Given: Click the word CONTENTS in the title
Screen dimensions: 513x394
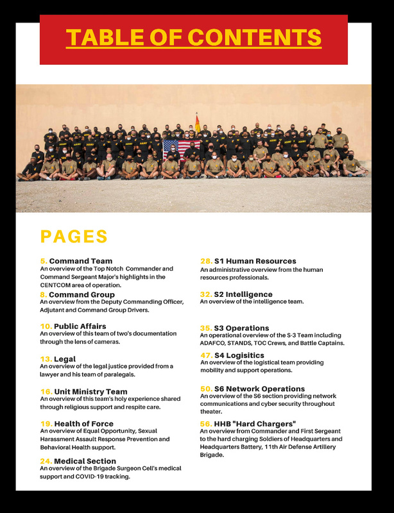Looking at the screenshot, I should tap(260, 37).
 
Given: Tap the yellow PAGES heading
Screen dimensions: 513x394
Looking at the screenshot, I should tap(74, 236).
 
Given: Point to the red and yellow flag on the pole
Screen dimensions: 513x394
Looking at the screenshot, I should tap(198, 121).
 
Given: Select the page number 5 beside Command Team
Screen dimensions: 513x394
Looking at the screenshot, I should tap(44, 261).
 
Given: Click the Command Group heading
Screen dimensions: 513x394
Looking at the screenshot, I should tap(82, 294).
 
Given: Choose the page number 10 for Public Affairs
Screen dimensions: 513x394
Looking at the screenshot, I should tap(46, 326).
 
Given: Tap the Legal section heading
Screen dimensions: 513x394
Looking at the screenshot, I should tap(65, 359).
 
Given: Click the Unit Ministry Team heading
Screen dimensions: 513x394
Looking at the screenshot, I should tap(90, 391).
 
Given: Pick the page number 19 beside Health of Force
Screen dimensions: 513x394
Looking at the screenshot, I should tap(46, 424).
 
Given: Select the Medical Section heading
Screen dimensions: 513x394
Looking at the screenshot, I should tap(85, 461).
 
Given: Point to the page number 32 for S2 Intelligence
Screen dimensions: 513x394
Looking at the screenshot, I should tap(206, 294).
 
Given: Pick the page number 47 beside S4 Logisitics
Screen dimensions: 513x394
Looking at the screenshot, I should tap(206, 355).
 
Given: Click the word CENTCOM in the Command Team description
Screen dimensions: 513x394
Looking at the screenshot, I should tap(58, 284).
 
